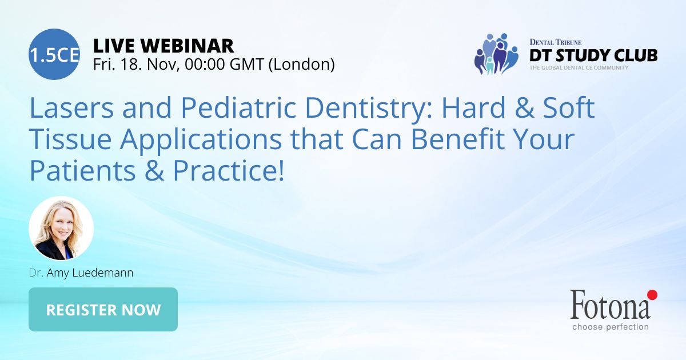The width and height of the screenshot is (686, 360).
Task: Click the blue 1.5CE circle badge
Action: [x=54, y=54]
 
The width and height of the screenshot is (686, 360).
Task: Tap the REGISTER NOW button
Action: [x=103, y=309]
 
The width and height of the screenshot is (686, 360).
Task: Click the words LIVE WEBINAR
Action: [x=163, y=46]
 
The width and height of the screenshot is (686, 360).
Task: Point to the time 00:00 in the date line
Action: [x=205, y=64]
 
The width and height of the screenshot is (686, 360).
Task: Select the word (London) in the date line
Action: [x=301, y=65]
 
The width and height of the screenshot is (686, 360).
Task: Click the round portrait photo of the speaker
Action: [x=61, y=229]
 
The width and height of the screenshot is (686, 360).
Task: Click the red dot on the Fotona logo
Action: [x=652, y=295]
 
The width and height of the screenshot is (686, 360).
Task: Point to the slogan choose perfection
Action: [x=611, y=327]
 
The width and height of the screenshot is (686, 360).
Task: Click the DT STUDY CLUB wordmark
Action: [x=593, y=55]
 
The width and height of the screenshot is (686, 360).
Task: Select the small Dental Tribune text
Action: [x=556, y=42]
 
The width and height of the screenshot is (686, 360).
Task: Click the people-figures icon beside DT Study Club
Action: [x=496, y=54]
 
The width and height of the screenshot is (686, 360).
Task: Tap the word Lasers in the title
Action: [x=71, y=108]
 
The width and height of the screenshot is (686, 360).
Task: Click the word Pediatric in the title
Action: [x=239, y=108]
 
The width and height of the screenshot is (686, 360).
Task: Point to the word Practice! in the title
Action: [x=229, y=171]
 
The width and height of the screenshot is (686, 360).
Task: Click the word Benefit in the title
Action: [x=457, y=139]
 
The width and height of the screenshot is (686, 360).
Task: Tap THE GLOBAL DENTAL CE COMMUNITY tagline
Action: [x=579, y=67]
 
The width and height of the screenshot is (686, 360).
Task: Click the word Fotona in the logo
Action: [x=610, y=305]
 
